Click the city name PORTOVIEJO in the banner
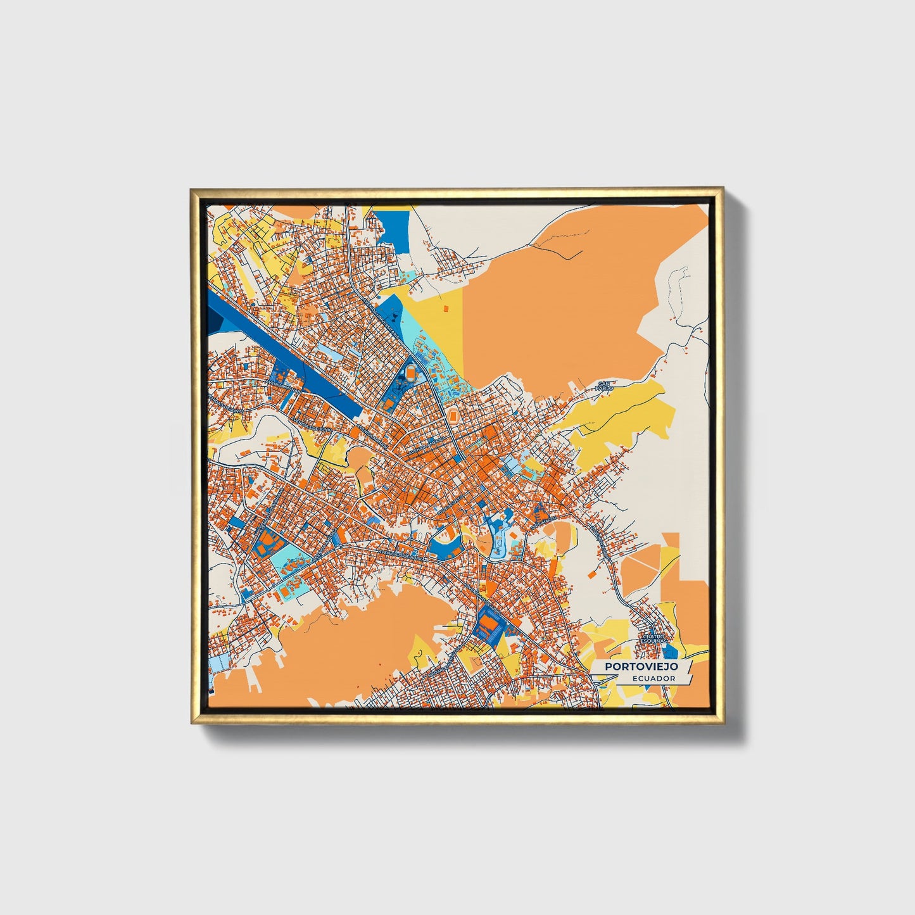[x=641, y=667]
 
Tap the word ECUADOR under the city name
[x=653, y=678]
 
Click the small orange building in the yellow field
[x=445, y=308]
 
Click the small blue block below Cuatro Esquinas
[x=673, y=652]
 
